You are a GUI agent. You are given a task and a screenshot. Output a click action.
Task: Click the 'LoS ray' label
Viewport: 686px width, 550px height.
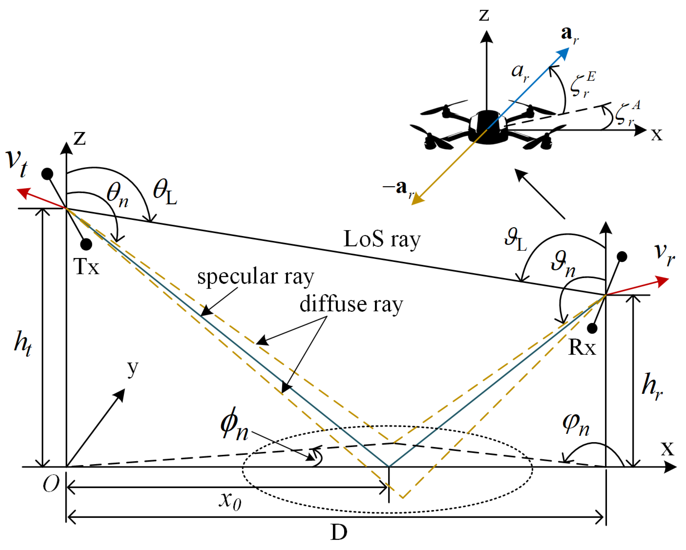pyautogui.click(x=382, y=239)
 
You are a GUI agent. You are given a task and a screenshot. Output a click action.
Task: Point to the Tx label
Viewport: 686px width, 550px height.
pyautogui.click(x=86, y=267)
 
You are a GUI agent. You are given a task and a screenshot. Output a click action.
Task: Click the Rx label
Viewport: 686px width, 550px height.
pyautogui.click(x=582, y=347)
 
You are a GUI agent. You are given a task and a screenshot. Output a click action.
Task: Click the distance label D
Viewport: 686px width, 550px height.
pyautogui.click(x=339, y=532)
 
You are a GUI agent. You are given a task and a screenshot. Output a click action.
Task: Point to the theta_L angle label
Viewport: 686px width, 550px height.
pyautogui.click(x=165, y=192)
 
